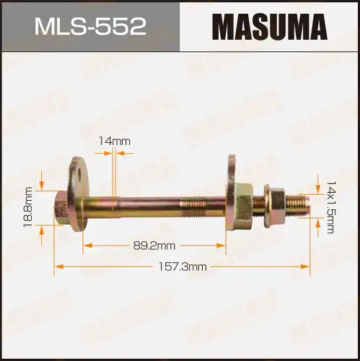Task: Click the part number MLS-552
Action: [x=89, y=27]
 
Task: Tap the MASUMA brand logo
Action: [x=270, y=27]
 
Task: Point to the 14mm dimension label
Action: [x=116, y=142]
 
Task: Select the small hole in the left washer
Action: [x=74, y=171]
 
